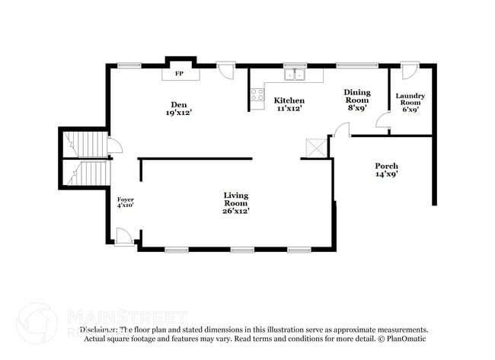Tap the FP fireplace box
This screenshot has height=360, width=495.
coord(180,74)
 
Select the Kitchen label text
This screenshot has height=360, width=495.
coord(289,100)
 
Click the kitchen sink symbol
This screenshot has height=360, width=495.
coord(295,75)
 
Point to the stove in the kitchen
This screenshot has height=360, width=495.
coord(257,95)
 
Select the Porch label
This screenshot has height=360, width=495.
coord(386,166)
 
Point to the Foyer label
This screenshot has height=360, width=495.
coord(126,199)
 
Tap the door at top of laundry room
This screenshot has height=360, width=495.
coord(410,71)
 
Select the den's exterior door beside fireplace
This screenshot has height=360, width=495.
coord(225,71)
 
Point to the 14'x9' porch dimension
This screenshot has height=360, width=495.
coord(386,174)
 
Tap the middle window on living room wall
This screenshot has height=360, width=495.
coord(242,250)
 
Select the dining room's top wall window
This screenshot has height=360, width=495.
coord(353,65)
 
